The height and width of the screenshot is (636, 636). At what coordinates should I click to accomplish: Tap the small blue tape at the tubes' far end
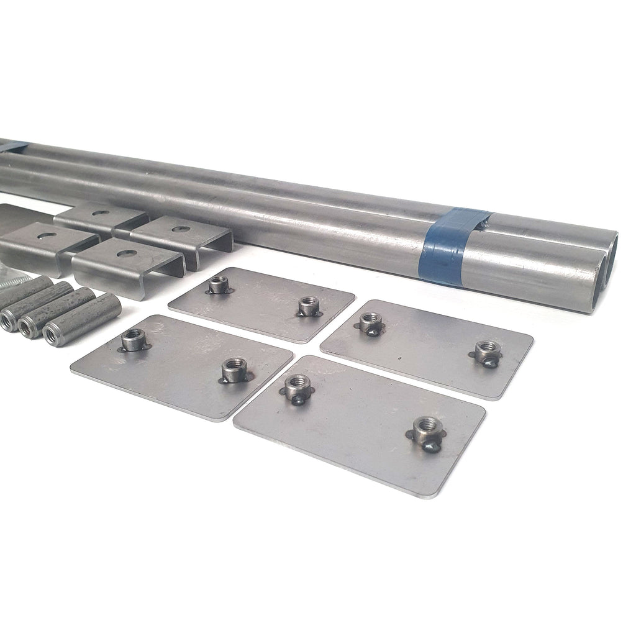(x=15, y=147)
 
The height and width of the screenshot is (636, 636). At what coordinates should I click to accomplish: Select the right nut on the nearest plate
(x=428, y=429)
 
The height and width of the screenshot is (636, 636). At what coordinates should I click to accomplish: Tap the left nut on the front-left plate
(x=133, y=339)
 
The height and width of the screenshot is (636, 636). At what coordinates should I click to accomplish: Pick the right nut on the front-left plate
(x=234, y=370)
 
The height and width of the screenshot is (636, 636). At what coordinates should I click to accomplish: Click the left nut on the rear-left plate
(x=218, y=284)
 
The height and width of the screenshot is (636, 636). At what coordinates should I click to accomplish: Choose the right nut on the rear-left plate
(x=308, y=306)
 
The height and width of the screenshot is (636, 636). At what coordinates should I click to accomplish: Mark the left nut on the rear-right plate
(x=370, y=322)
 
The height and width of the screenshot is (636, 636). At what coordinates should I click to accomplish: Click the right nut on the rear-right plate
(x=486, y=352)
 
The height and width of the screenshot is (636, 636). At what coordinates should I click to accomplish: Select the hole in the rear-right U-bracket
(x=181, y=229)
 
